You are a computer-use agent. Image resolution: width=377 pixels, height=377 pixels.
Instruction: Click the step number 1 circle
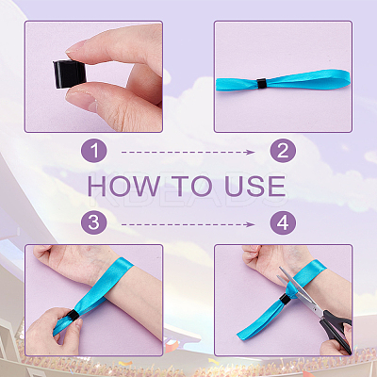click(94, 151)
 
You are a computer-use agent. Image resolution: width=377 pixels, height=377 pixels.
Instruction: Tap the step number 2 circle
click(283, 151)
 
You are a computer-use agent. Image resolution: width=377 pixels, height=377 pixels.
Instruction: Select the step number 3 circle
click(94, 222)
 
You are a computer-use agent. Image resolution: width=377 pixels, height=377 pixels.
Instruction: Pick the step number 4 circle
click(283, 222)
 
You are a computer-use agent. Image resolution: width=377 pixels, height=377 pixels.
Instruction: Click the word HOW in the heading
click(123, 186)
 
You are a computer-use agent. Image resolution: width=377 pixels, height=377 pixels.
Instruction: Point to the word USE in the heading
click(255, 186)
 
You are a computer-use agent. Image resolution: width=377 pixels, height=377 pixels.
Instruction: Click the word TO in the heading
click(192, 186)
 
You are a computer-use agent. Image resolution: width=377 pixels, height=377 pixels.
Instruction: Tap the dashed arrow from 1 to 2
click(188, 153)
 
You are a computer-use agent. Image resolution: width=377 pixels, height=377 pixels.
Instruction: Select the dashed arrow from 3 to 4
click(188, 224)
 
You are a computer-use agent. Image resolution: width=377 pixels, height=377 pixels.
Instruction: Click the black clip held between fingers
click(67, 74)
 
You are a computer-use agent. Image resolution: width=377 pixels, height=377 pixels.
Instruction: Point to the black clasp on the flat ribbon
click(261, 84)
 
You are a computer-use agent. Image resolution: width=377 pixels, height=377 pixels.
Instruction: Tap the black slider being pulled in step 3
click(74, 315)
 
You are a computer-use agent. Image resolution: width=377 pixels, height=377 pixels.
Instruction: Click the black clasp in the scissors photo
click(286, 300)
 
